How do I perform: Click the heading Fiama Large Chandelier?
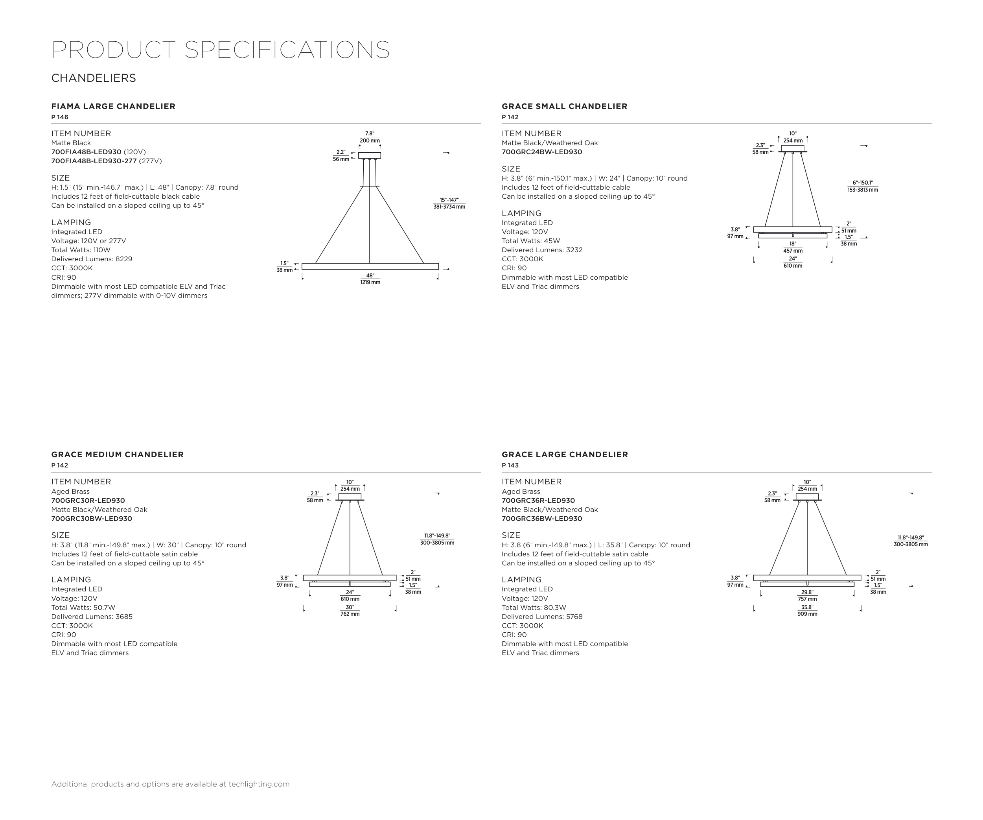click(113, 106)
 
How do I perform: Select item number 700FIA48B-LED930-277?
click(94, 161)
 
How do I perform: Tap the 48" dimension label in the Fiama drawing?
click(370, 276)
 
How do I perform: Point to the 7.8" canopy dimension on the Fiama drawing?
click(369, 134)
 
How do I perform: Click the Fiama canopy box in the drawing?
click(369, 155)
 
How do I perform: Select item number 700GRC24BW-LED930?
click(541, 152)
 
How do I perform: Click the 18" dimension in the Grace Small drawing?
click(792, 244)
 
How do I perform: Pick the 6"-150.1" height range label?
click(862, 183)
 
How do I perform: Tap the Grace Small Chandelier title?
click(564, 106)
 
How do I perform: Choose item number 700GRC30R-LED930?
click(88, 500)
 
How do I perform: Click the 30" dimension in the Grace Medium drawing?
click(350, 608)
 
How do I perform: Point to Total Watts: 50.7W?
click(83, 608)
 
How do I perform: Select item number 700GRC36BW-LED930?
click(541, 519)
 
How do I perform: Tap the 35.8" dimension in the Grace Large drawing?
click(807, 608)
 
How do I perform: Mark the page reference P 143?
click(510, 465)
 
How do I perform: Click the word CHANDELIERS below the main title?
click(94, 78)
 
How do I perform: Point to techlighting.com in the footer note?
click(259, 784)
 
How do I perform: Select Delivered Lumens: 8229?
click(92, 259)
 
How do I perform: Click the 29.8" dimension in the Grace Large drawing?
click(807, 593)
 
